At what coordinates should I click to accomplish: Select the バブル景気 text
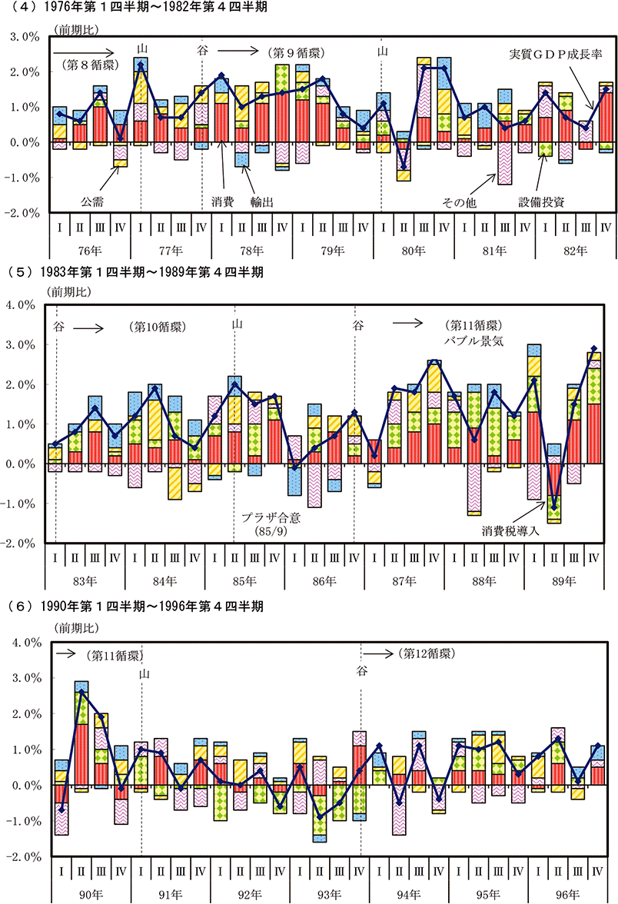click(x=473, y=341)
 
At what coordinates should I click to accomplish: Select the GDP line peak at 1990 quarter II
click(x=81, y=691)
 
